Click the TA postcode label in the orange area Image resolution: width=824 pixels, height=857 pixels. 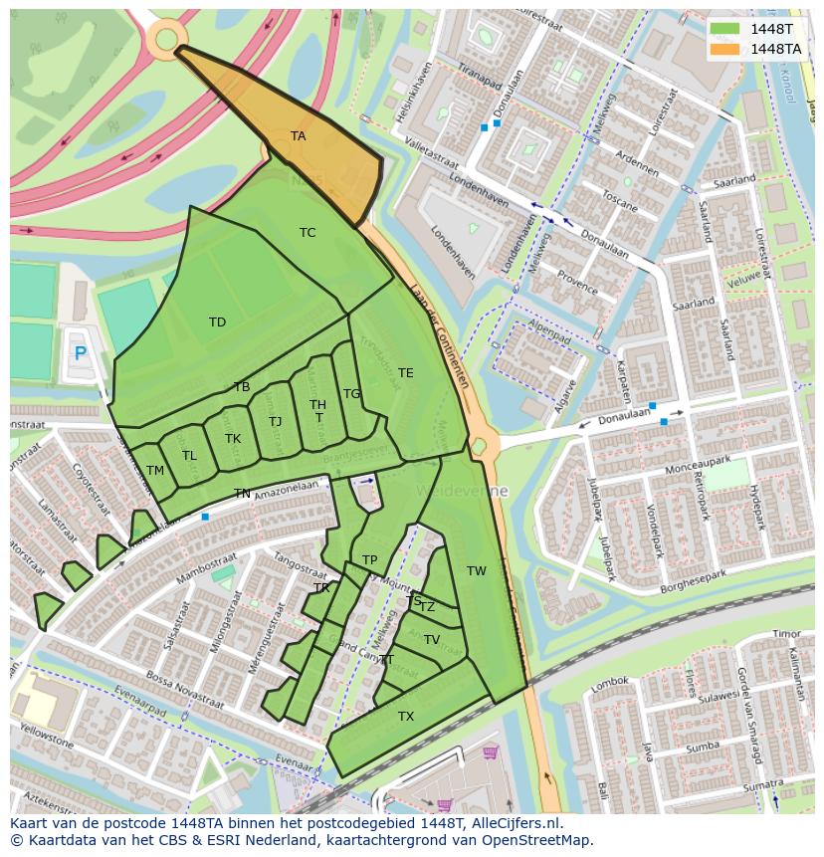(x=298, y=136)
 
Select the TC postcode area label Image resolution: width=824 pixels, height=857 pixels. (x=308, y=233)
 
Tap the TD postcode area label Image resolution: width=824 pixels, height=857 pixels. (x=217, y=322)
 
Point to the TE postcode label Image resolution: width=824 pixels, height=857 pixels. (x=405, y=373)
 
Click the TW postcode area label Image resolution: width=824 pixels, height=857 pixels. (x=477, y=571)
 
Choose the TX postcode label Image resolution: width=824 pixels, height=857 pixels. (x=406, y=717)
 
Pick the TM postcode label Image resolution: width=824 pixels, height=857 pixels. (x=155, y=471)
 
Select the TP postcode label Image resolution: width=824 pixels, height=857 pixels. (x=370, y=560)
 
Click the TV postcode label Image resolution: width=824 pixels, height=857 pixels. (x=432, y=640)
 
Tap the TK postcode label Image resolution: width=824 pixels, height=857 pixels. (x=233, y=439)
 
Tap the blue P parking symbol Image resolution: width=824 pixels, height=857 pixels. (x=81, y=353)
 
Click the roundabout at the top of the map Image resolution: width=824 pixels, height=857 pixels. (x=165, y=39)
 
